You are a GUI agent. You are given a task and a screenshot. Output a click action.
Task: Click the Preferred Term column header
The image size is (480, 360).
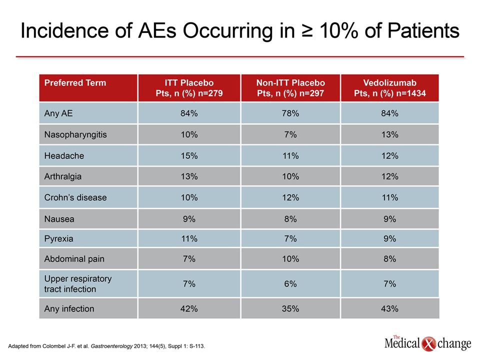75,82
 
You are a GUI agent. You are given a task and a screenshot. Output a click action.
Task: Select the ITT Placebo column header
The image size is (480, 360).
189,88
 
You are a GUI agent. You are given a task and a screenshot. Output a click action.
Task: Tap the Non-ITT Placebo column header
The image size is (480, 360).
290,88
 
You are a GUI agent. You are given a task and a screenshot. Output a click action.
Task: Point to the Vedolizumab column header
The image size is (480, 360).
389,88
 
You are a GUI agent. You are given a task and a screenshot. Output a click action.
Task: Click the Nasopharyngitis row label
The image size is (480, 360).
75,134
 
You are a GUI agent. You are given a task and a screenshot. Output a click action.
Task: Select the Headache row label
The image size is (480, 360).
64,156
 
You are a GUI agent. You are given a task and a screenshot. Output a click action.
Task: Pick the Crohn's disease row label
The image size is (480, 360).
75,197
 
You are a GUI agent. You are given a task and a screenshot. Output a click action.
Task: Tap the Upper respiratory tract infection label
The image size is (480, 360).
78,284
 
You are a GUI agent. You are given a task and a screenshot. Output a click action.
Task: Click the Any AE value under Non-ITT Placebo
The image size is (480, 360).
290,113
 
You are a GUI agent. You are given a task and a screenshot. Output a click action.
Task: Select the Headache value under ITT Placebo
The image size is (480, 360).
189,156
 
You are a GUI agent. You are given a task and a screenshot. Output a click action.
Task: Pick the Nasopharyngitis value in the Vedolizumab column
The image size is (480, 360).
389,134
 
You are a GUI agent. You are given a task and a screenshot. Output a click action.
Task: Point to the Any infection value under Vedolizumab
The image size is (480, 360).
389,308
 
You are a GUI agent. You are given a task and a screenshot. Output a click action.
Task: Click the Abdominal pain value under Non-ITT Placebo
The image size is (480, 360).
290,259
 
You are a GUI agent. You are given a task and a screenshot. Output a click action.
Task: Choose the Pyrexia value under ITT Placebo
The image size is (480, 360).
189,239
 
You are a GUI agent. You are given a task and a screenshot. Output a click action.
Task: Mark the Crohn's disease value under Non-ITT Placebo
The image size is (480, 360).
290,197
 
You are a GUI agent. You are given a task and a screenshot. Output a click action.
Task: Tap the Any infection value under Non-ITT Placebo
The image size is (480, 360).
290,308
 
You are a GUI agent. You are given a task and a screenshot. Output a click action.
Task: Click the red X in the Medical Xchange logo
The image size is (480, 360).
428,344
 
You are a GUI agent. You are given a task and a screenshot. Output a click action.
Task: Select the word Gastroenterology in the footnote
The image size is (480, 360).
111,346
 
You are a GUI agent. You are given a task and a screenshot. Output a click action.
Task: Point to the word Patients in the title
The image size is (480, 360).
423,30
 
